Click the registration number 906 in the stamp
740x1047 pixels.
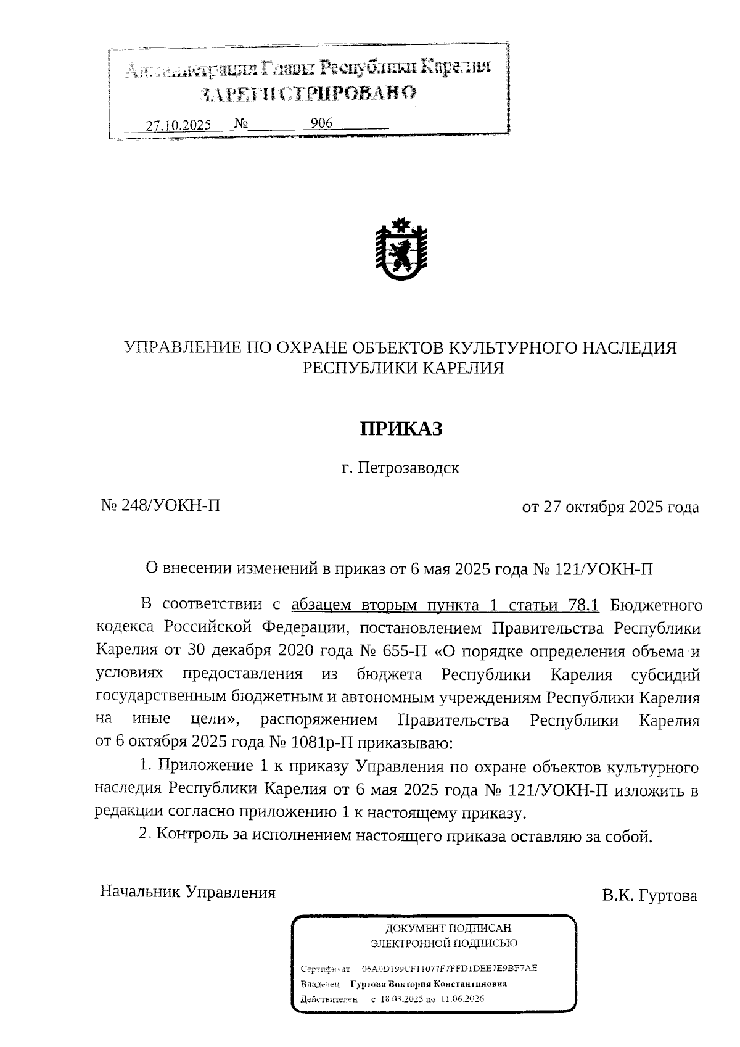[321, 123]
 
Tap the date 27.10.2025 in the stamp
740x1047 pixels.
[178, 125]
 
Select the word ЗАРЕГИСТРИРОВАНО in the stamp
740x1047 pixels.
[308, 93]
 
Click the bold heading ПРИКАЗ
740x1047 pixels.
[401, 429]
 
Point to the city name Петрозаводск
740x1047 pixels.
[409, 468]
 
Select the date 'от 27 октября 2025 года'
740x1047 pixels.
[610, 507]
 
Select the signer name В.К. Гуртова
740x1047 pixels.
[650, 895]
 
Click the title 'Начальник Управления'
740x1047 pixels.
[187, 892]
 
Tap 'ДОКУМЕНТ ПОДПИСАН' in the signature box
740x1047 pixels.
[448, 928]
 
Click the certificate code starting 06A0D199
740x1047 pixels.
[450, 968]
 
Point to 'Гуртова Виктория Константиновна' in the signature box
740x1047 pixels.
[429, 983]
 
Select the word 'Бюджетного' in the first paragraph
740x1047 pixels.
[656, 605]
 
